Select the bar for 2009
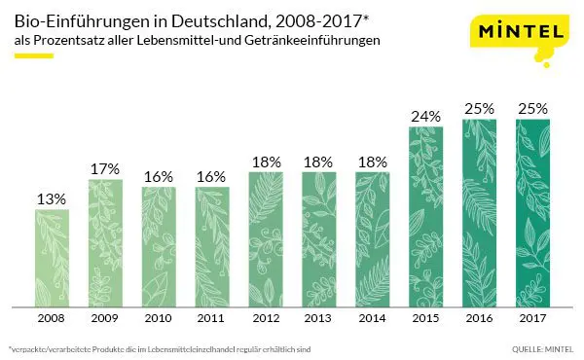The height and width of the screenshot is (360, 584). [x=105, y=241]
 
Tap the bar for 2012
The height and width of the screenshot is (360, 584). [x=266, y=237]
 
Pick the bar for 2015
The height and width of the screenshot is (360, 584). [x=425, y=215]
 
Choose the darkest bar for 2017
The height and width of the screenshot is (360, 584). [x=531, y=211]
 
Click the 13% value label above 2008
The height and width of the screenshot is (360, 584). [x=52, y=198]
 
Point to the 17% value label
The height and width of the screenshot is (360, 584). [x=105, y=168]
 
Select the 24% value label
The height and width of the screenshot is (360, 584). [x=425, y=116]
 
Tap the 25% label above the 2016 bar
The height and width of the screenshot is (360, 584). [x=479, y=108]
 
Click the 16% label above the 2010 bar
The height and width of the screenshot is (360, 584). [x=159, y=176]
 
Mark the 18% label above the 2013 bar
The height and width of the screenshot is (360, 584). [x=319, y=162]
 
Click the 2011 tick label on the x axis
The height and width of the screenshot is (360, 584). [x=212, y=317]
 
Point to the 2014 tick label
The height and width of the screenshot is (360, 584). [x=372, y=317]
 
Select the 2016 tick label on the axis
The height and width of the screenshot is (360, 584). [x=479, y=317]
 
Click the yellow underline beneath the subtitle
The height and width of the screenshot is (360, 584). [x=33, y=56]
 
